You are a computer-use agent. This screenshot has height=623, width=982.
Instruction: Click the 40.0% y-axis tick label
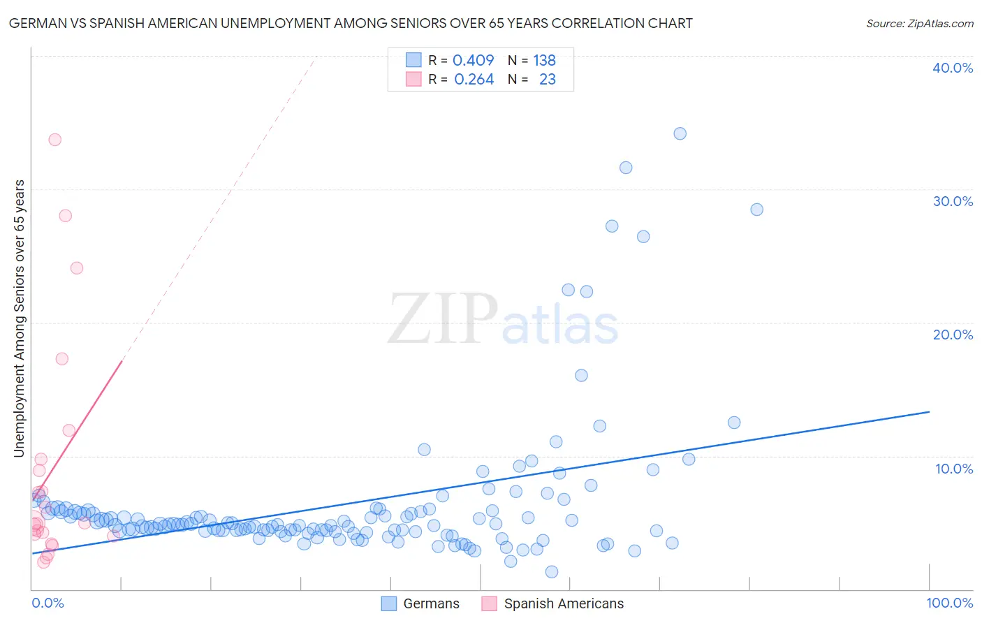[953, 68]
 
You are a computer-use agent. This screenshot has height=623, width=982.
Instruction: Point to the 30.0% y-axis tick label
[953, 201]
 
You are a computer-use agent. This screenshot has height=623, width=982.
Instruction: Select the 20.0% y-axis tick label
[953, 335]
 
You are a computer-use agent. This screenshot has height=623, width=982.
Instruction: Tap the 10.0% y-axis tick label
[954, 469]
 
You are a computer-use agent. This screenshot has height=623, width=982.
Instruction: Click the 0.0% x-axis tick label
[47, 603]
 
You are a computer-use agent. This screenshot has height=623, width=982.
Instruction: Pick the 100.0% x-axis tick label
[949, 603]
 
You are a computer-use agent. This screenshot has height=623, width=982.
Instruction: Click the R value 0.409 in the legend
[473, 60]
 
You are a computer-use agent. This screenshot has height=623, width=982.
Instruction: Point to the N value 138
[544, 60]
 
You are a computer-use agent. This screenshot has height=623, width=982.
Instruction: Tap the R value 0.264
[474, 80]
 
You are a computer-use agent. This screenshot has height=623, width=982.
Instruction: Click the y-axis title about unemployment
[19, 318]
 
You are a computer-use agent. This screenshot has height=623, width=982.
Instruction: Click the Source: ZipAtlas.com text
[919, 23]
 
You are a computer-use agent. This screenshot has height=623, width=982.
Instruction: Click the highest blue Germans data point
[680, 133]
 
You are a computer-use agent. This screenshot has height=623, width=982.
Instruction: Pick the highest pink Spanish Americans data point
[54, 140]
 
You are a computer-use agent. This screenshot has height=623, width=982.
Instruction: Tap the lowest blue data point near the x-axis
[552, 572]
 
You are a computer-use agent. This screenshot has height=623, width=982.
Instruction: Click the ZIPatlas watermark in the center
[503, 320]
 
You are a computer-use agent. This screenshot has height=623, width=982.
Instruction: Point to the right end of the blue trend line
[929, 412]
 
